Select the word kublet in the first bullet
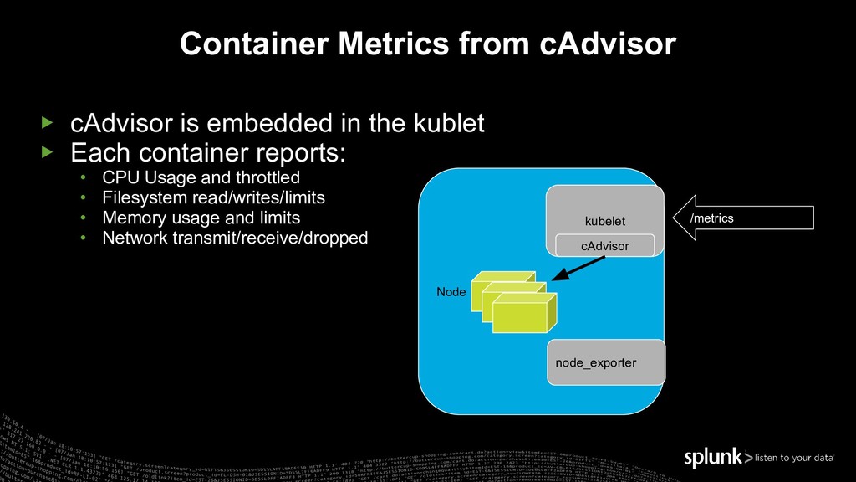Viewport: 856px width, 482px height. [x=449, y=124]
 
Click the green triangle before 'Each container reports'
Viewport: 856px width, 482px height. [x=47, y=152]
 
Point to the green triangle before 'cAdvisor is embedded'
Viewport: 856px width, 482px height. [x=47, y=124]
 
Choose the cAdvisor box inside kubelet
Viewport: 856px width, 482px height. [x=604, y=245]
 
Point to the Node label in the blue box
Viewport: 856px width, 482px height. [x=451, y=292]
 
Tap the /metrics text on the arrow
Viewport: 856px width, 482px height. [x=711, y=218]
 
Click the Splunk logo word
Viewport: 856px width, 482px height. [x=713, y=457]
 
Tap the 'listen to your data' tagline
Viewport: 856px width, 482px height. [x=793, y=458]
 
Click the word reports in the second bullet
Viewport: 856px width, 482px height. [x=298, y=152]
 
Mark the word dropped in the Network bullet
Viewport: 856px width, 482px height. [x=334, y=238]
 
